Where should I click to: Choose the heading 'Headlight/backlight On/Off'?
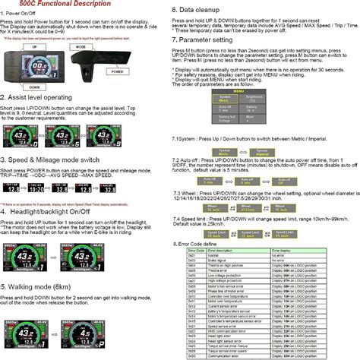coord(52,212)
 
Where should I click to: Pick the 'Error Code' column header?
coord(196,250)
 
